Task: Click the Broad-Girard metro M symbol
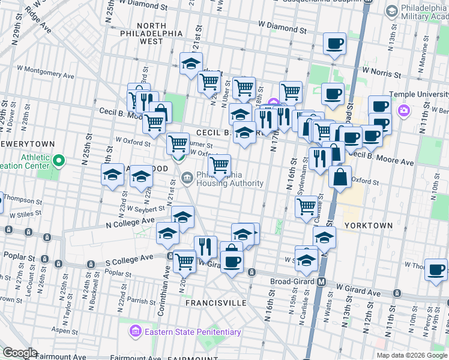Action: (x=322, y=282)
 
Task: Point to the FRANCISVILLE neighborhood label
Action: (x=215, y=304)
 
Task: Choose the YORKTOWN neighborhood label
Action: (x=369, y=225)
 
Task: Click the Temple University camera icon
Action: (x=404, y=111)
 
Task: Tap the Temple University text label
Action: (x=419, y=94)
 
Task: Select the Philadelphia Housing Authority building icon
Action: (x=187, y=176)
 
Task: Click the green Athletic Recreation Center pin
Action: (x=59, y=161)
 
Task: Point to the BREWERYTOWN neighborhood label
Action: (x=27, y=145)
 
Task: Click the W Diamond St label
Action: (x=283, y=28)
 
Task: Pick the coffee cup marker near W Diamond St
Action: (x=334, y=43)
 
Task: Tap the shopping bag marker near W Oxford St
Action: (x=340, y=178)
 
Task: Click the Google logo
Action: (x=20, y=353)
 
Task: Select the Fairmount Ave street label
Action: (x=62, y=356)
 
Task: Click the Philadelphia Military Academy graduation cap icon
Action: (x=391, y=11)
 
